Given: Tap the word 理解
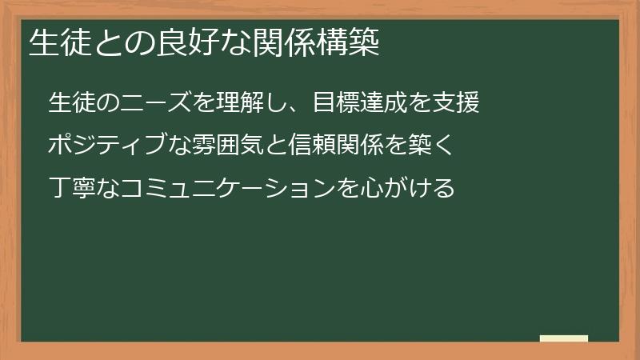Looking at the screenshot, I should [243, 102].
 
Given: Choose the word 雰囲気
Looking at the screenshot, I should [211, 146].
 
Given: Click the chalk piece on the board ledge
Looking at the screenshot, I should [564, 338].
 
